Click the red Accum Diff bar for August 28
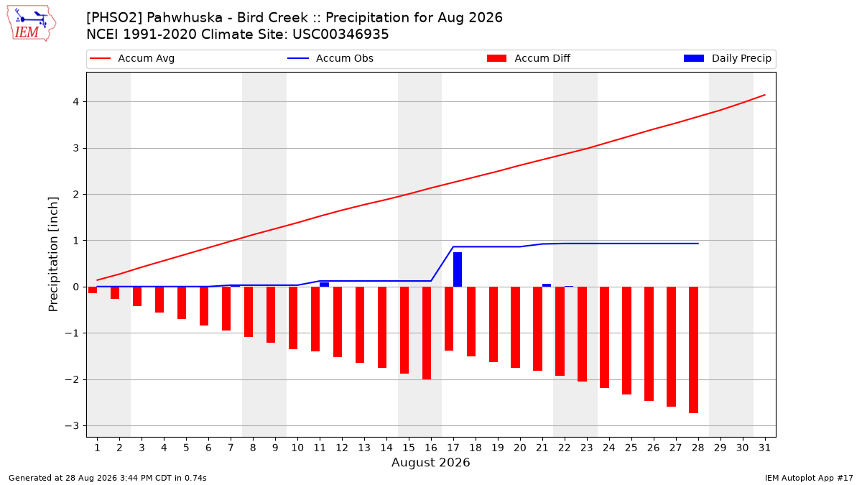[x=693, y=350]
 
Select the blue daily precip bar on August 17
[x=458, y=269]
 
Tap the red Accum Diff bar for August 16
[x=427, y=333]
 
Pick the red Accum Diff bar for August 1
[x=93, y=290]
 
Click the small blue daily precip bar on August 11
[x=325, y=285]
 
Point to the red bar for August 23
[x=583, y=334]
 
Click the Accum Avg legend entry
[x=132, y=58]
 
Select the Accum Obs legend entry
[x=330, y=58]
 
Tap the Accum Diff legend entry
[x=529, y=58]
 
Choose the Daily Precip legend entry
[x=728, y=58]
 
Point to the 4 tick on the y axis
[x=76, y=101]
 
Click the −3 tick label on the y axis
[x=72, y=425]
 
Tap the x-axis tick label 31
[x=764, y=448]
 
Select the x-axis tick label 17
[x=453, y=448]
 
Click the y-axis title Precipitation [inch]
[x=53, y=254]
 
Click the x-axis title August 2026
[x=430, y=462]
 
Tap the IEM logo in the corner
[x=31, y=24]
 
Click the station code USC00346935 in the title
[x=340, y=34]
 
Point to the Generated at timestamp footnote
[x=107, y=478]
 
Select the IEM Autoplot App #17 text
[x=809, y=478]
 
